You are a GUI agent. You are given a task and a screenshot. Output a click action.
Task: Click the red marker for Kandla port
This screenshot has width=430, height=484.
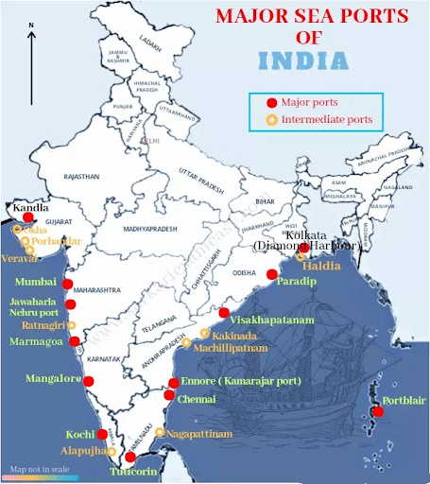tap(29, 217)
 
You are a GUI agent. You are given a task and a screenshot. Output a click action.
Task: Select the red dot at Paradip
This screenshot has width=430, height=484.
tap(272, 274)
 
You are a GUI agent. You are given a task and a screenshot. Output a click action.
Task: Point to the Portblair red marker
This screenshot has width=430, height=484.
tap(379, 410)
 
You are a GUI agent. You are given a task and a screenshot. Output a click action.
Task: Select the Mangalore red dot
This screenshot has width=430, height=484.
tap(89, 382)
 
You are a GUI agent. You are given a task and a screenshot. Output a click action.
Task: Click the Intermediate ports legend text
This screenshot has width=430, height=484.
tap(326, 120)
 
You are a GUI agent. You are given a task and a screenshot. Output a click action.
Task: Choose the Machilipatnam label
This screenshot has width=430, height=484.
tap(226, 349)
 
